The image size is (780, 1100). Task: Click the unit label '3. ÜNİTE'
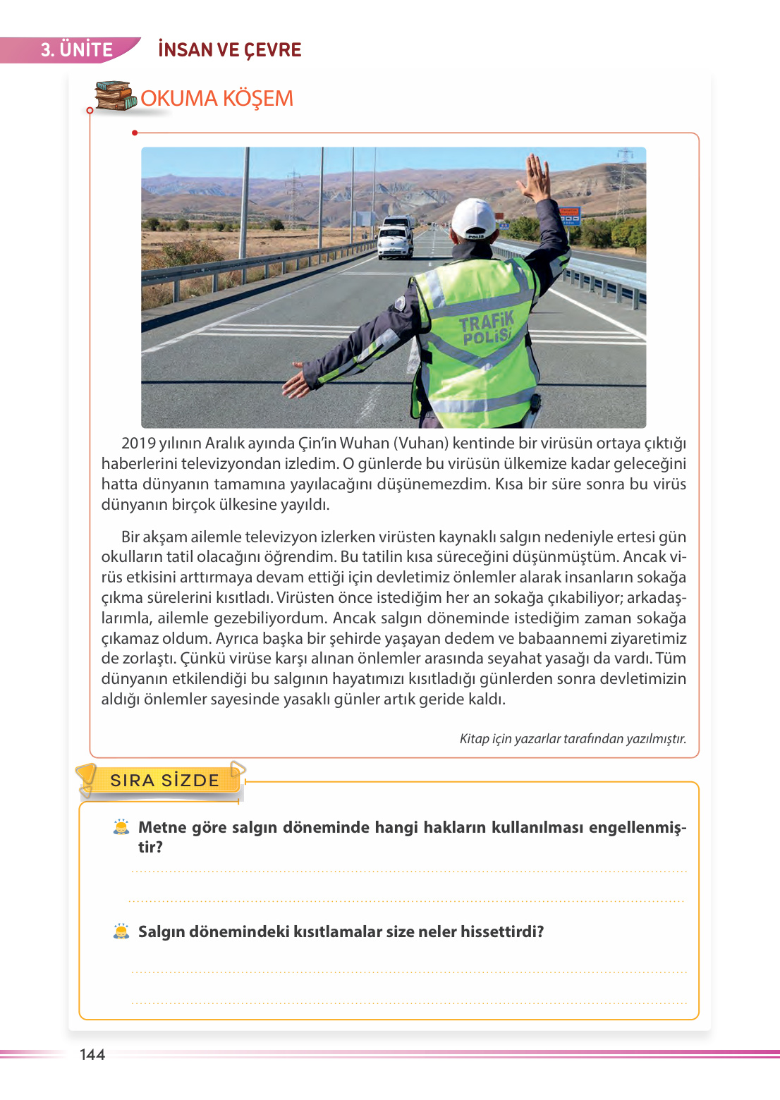(76, 50)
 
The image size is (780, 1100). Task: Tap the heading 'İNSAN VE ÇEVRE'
(229, 50)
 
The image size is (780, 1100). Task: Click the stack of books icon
(115, 97)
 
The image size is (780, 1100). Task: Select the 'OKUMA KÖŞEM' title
(217, 99)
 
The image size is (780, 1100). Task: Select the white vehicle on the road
(395, 238)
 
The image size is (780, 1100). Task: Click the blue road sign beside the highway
(569, 215)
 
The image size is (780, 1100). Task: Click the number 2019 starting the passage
(138, 444)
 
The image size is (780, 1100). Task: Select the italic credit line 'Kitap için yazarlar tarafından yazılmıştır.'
(573, 739)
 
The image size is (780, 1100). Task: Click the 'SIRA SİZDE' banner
(164, 781)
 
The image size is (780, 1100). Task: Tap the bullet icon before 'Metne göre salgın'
(121, 827)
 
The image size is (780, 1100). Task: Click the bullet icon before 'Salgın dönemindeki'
(121, 931)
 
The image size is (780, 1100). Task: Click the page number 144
(92, 1055)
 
